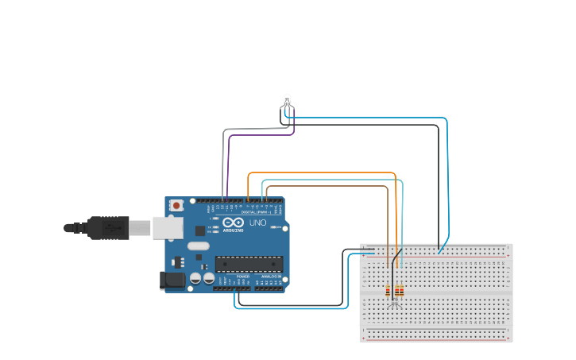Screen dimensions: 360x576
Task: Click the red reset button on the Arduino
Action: pos(176,205)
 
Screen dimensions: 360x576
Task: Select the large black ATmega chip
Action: pos(249,264)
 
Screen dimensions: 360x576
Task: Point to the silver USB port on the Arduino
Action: pos(167,228)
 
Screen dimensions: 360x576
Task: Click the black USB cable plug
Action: pos(108,228)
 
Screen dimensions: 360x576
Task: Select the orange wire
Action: pos(318,172)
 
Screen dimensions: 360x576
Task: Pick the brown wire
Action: pos(326,186)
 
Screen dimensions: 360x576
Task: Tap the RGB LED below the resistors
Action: pos(393,304)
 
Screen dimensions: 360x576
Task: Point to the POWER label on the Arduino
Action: pos(243,277)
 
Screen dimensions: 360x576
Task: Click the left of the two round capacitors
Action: pos(195,279)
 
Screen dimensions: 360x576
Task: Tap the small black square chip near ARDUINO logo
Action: pos(200,230)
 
